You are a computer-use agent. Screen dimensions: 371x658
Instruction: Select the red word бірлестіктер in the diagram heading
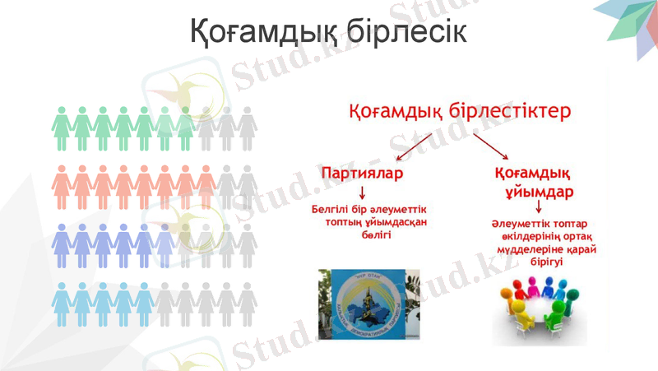509,110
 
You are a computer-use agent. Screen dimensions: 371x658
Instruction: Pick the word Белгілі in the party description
331,210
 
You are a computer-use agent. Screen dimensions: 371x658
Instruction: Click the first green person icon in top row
62,128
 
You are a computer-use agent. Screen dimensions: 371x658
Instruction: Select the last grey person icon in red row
247,187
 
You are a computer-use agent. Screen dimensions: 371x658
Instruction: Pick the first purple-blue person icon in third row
62,246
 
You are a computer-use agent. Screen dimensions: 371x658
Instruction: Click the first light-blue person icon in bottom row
62,304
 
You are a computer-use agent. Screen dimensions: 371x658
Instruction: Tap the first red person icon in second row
62,187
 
